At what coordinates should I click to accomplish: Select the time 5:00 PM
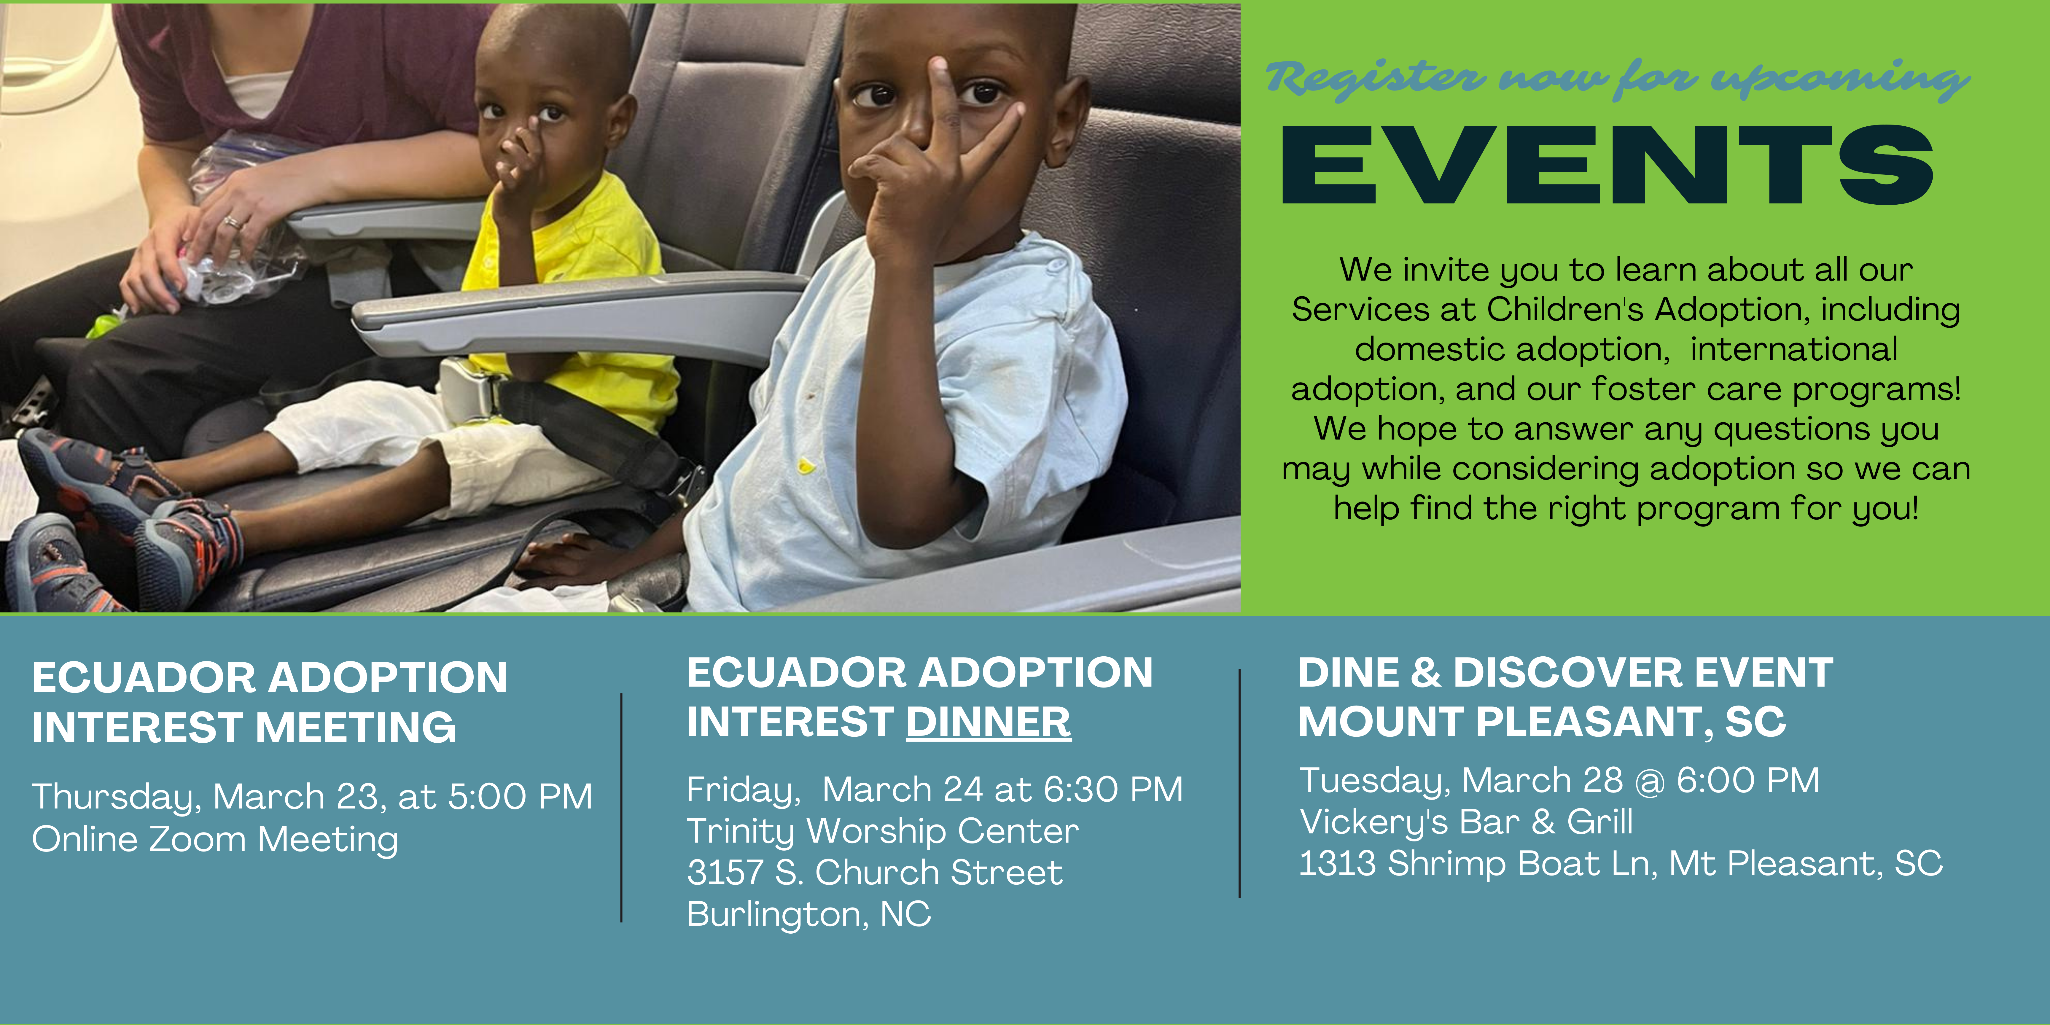[521, 797]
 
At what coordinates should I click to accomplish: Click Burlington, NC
[808, 914]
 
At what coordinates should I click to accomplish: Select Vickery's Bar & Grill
[1466, 822]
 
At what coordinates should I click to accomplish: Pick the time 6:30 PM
[1113, 790]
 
